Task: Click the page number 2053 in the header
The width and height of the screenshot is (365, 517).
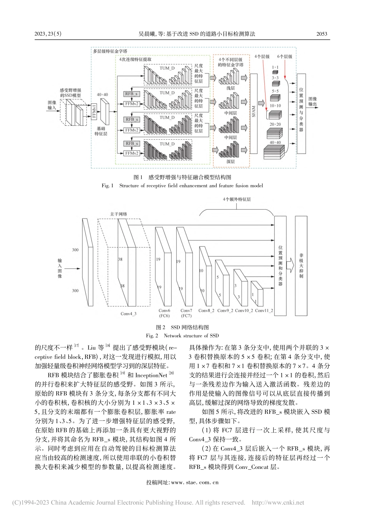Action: [322, 34]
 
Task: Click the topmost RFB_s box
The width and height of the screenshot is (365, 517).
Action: [132, 93]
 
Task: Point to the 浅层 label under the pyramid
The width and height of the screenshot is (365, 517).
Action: [230, 88]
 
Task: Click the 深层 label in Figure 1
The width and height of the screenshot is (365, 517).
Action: [230, 162]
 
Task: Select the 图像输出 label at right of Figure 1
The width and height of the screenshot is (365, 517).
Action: [313, 101]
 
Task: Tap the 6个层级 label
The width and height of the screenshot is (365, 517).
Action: [285, 57]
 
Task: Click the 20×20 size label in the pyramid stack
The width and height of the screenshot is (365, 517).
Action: [275, 125]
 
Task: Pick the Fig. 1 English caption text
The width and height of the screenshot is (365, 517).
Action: [182, 185]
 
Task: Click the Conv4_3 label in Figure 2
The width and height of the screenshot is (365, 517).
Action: [128, 314]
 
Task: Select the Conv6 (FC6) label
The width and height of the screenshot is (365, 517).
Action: [164, 313]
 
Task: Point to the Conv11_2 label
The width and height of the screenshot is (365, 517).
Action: [264, 310]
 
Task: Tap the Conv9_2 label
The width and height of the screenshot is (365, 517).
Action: [225, 310]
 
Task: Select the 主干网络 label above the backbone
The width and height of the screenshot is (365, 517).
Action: [119, 214]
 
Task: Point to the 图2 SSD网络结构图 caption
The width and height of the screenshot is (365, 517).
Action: [182, 327]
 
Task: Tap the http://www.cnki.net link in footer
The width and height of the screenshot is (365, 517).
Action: [277, 502]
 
